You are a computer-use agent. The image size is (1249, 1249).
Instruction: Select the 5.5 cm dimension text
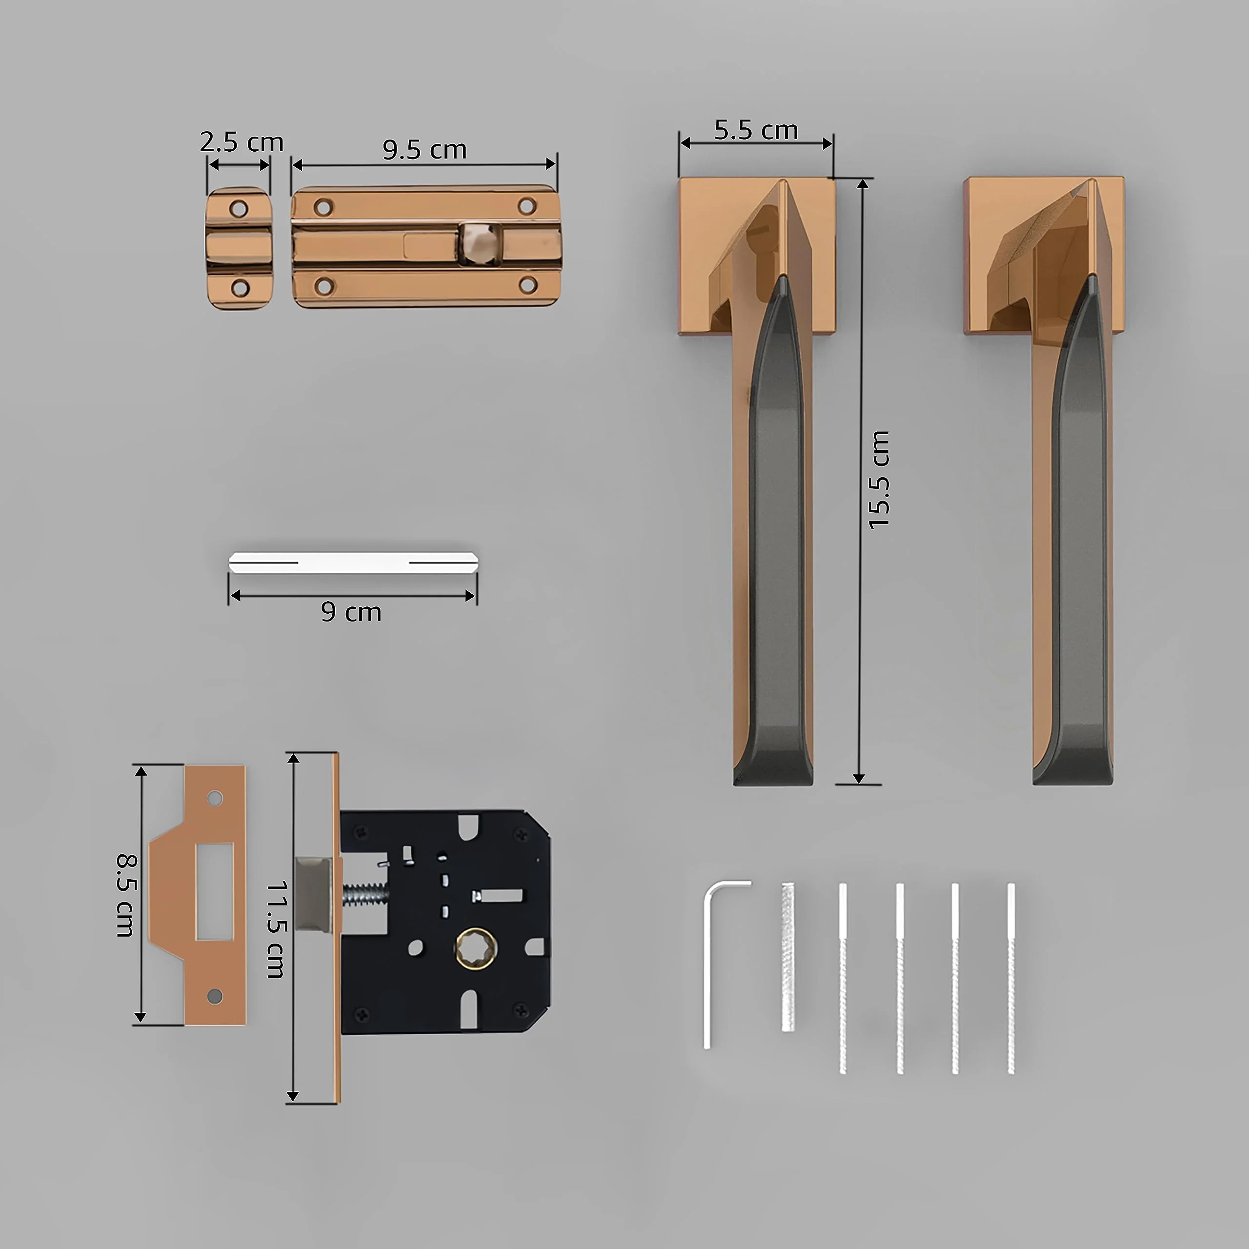756,130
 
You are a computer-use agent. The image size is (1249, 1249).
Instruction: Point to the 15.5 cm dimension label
879,480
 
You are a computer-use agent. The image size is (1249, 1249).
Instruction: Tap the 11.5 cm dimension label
276,929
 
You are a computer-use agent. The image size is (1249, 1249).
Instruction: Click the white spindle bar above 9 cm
353,563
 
